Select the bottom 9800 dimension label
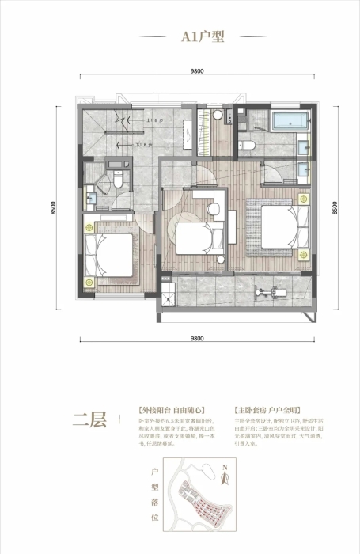[x=197, y=337]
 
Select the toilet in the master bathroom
[x=247, y=145]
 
